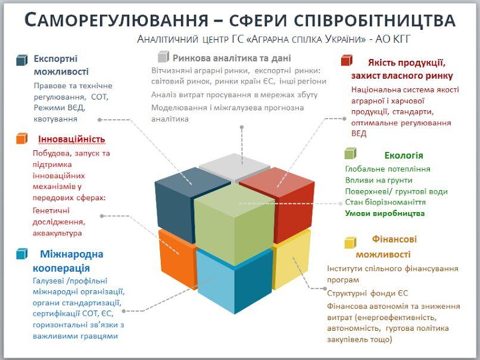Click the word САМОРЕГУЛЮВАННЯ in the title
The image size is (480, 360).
pos(116,20)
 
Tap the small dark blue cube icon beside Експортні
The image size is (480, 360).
pos(21,60)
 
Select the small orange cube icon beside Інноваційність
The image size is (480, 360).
pos(21,138)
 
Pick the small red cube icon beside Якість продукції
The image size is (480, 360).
pos(347,60)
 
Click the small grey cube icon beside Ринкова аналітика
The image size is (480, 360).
pos(163,57)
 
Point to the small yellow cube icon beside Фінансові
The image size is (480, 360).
pos(350,243)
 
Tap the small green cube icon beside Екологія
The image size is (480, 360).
pos(350,153)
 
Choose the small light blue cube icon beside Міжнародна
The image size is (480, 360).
pos(21,254)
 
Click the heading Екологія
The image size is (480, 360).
pos(403,156)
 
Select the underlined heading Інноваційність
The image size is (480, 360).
pos(71,139)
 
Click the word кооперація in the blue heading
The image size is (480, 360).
pos(61,268)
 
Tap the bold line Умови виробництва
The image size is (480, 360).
pos(385,213)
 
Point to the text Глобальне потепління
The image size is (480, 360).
pos(388,169)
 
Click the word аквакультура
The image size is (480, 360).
pos(57,233)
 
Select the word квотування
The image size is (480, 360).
pos(55,119)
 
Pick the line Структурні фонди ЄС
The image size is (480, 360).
pos(367,293)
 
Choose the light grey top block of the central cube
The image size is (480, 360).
pos(235,167)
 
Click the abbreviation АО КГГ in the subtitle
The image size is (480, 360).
pos(392,39)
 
